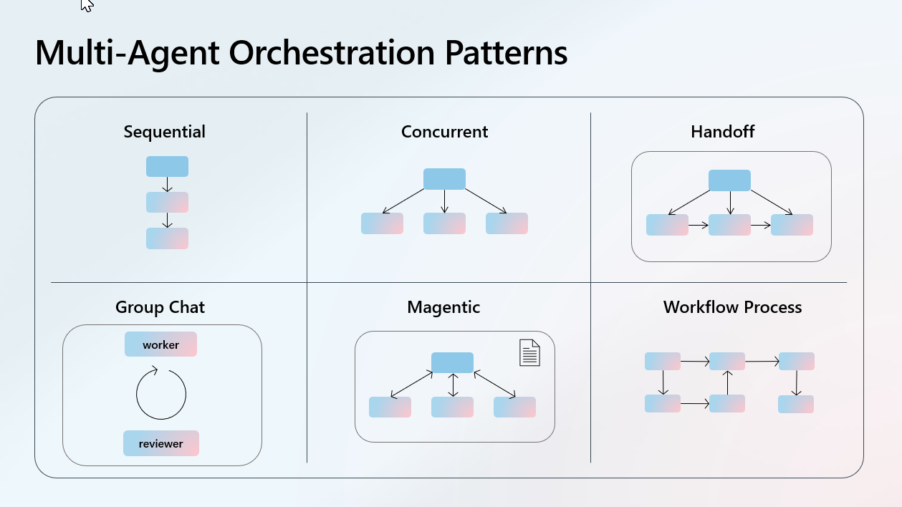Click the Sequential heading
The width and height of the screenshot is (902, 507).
[x=164, y=132]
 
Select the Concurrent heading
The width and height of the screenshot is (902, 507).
[x=444, y=132]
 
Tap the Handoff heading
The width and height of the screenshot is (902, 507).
[x=722, y=132]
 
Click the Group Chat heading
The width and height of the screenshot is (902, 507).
[x=160, y=308]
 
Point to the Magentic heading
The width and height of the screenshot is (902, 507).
[x=443, y=308]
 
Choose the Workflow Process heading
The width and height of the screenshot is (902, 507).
[x=732, y=308]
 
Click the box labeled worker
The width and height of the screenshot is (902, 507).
[x=160, y=344]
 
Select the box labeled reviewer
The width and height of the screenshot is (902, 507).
[x=160, y=443]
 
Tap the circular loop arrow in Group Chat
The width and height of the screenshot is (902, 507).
[x=161, y=394]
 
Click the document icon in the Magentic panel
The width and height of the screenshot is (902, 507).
[x=529, y=352]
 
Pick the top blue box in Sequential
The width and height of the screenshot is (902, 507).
[x=167, y=166]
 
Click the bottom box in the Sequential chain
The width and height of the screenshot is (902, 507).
[x=167, y=238]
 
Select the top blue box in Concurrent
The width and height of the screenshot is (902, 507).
[x=444, y=179]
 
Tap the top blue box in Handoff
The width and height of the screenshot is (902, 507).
[x=729, y=180]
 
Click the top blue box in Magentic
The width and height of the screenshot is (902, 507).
[x=452, y=362]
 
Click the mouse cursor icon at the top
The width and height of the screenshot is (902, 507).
[x=87, y=6]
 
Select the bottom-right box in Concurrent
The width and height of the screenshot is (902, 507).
[x=507, y=223]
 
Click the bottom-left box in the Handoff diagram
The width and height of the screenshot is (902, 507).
[x=667, y=225]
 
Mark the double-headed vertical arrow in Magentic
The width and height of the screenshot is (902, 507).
[x=452, y=385]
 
